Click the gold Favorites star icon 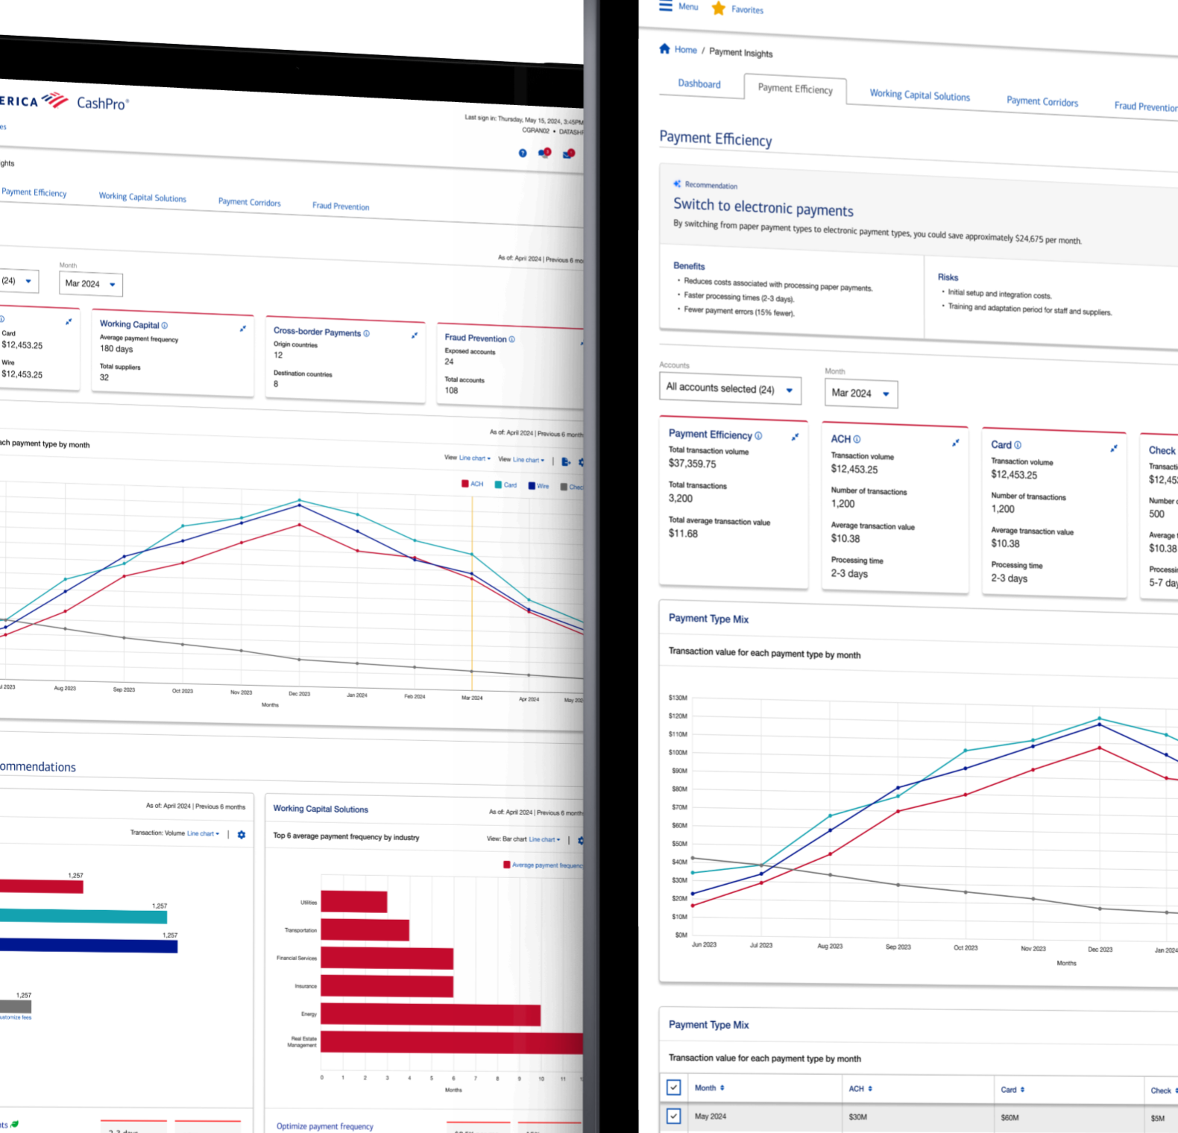point(719,8)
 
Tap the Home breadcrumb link point(685,50)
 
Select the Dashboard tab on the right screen point(699,83)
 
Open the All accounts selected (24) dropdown point(730,389)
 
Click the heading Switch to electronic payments point(763,206)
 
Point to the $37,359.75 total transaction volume point(692,464)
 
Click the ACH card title point(840,439)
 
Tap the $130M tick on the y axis point(678,698)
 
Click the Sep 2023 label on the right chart point(898,947)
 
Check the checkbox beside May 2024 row point(673,1116)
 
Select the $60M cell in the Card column point(1010,1117)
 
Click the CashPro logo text point(102,104)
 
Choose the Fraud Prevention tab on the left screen point(341,206)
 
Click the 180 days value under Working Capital point(116,349)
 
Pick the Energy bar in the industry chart point(430,1015)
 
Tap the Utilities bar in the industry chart point(353,902)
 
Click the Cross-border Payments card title point(317,332)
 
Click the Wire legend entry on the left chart point(539,486)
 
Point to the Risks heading point(948,277)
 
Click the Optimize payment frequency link point(324,1126)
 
